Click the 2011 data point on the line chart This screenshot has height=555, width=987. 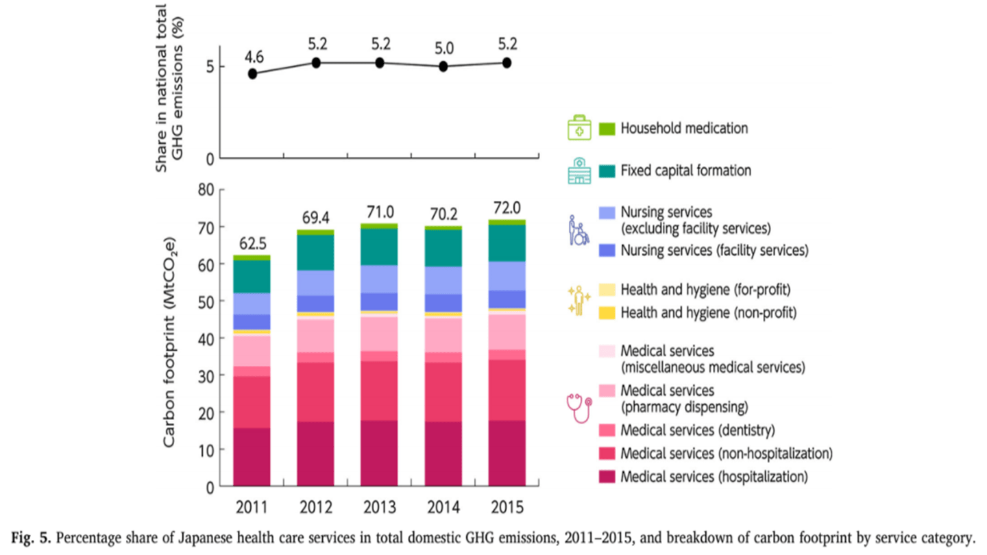252,73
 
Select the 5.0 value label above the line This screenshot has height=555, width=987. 443,49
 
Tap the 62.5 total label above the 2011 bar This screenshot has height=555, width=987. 252,243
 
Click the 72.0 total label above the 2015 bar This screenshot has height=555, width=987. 507,207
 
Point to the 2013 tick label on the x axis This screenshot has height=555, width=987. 379,508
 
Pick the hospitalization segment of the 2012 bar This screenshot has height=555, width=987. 315,454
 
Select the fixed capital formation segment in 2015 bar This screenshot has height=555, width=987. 507,243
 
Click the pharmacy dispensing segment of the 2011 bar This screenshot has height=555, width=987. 252,351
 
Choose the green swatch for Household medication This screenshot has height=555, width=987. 607,128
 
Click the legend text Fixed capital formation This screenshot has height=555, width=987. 685,170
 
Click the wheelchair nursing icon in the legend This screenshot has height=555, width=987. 578,231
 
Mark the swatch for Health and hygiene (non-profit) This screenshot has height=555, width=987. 607,312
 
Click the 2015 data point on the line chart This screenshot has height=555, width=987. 507,62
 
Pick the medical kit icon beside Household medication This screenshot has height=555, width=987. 578,128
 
